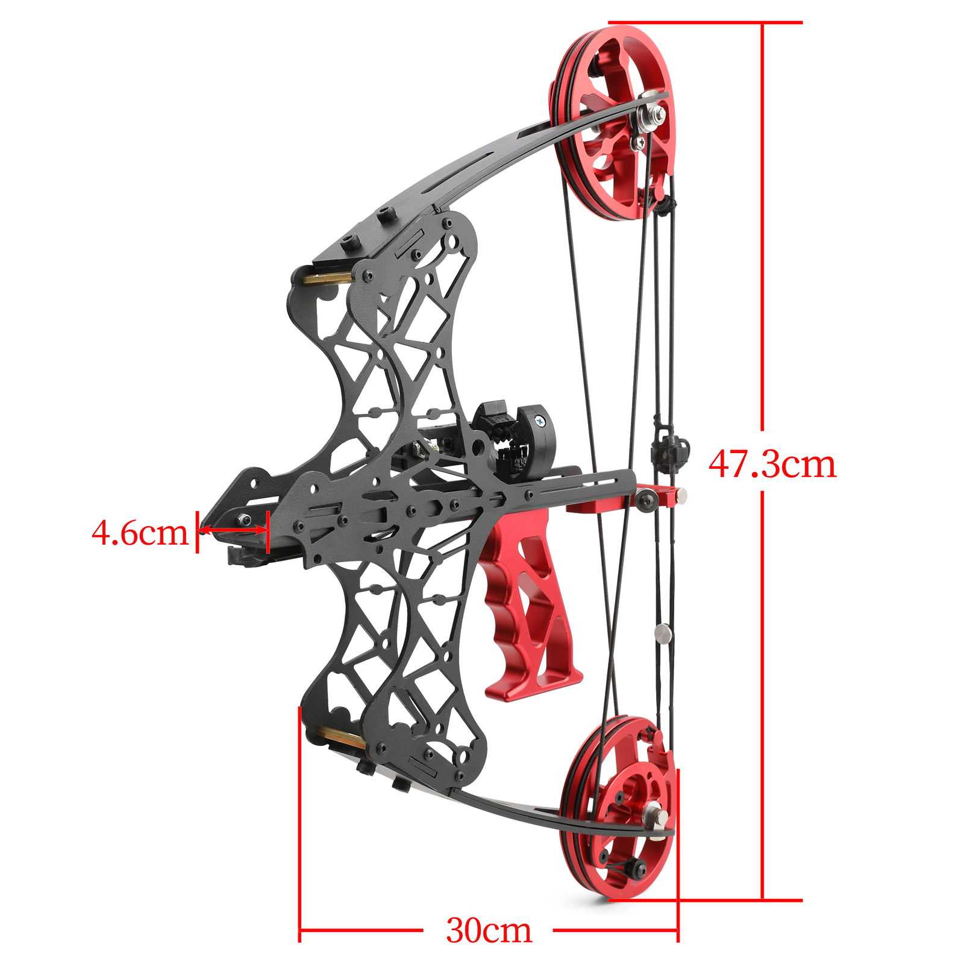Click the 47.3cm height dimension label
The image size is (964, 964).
point(772,465)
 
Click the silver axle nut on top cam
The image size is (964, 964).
point(654,113)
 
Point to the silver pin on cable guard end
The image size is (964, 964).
point(681,495)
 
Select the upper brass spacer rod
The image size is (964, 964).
point(325,278)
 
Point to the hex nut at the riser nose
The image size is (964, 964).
point(245,519)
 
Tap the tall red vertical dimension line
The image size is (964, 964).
point(763,241)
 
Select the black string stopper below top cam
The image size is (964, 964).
point(665,205)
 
